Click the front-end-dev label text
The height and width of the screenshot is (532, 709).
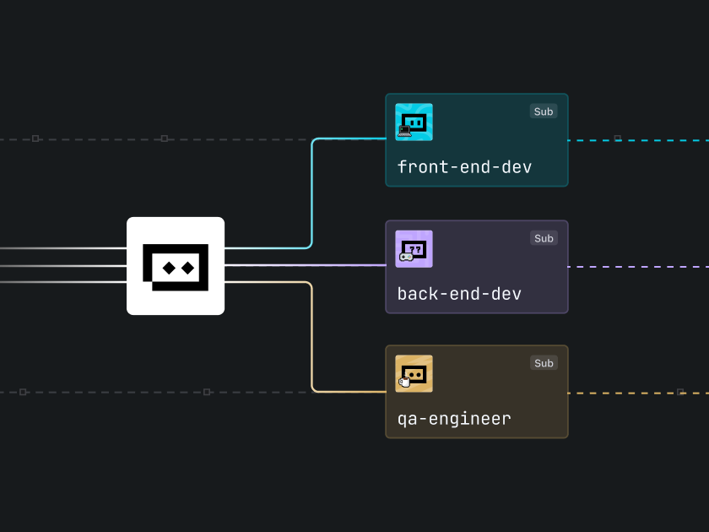(464, 167)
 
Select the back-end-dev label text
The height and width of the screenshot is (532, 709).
(459, 294)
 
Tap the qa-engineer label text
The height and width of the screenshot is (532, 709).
(454, 419)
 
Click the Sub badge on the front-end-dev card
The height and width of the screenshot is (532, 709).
(544, 111)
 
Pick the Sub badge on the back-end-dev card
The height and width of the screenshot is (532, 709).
(544, 238)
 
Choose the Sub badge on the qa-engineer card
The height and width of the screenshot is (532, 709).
(544, 363)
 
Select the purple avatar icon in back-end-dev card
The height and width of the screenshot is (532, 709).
(414, 249)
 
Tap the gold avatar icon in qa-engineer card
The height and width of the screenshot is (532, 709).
(414, 374)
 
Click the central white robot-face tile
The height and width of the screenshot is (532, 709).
(176, 266)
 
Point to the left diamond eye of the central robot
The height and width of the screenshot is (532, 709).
(167, 269)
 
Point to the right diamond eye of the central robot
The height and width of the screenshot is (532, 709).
(188, 269)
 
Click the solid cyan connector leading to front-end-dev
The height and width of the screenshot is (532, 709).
(312, 194)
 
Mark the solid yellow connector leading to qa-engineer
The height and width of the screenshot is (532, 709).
(312, 338)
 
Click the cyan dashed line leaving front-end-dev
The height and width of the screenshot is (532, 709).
(658, 139)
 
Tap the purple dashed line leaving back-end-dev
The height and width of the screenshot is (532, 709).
(641, 267)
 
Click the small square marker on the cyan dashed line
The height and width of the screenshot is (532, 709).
(618, 138)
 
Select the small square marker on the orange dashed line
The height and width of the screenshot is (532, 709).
(680, 393)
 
